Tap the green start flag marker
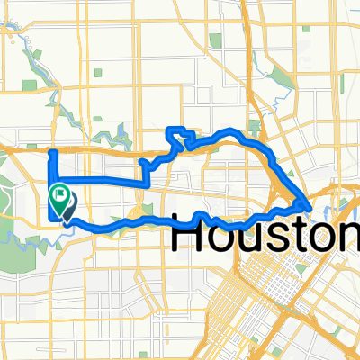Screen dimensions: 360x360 tap(60, 193)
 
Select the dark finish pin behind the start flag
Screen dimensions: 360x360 tap(67, 207)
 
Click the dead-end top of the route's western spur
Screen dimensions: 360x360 tap(52, 152)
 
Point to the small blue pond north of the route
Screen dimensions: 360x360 tap(119, 137)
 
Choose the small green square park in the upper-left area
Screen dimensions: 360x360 tap(31, 85)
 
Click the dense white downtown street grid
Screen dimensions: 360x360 tap(270, 297)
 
